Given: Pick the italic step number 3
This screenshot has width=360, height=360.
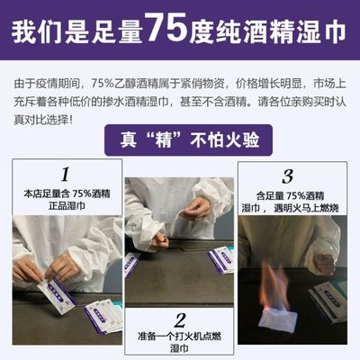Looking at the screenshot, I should tap(288, 175).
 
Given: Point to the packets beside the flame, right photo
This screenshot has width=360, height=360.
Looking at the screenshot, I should tap(325, 297).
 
